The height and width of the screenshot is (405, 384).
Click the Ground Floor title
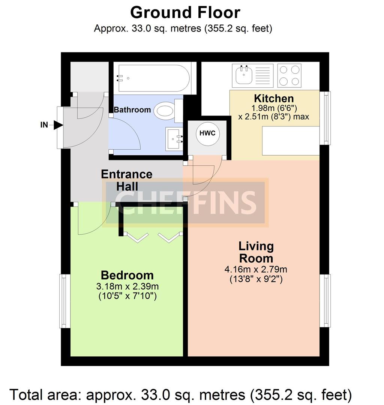click(185, 13)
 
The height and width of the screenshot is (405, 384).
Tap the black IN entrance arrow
click(58, 125)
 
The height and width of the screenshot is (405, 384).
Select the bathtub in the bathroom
click(152, 78)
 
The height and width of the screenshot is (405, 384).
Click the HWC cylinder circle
click(207, 133)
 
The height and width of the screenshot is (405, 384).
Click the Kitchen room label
click(274, 99)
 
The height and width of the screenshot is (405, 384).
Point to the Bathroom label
click(132, 110)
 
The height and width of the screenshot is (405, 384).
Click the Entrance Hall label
click(127, 180)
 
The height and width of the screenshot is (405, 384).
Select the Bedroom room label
click(127, 275)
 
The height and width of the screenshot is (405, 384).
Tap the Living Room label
click(256, 252)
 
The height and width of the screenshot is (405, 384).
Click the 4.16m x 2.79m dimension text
click(256, 269)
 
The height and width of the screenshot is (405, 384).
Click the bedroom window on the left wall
click(65, 301)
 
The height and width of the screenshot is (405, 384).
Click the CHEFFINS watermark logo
click(185, 202)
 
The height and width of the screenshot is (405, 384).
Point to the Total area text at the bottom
click(181, 394)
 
